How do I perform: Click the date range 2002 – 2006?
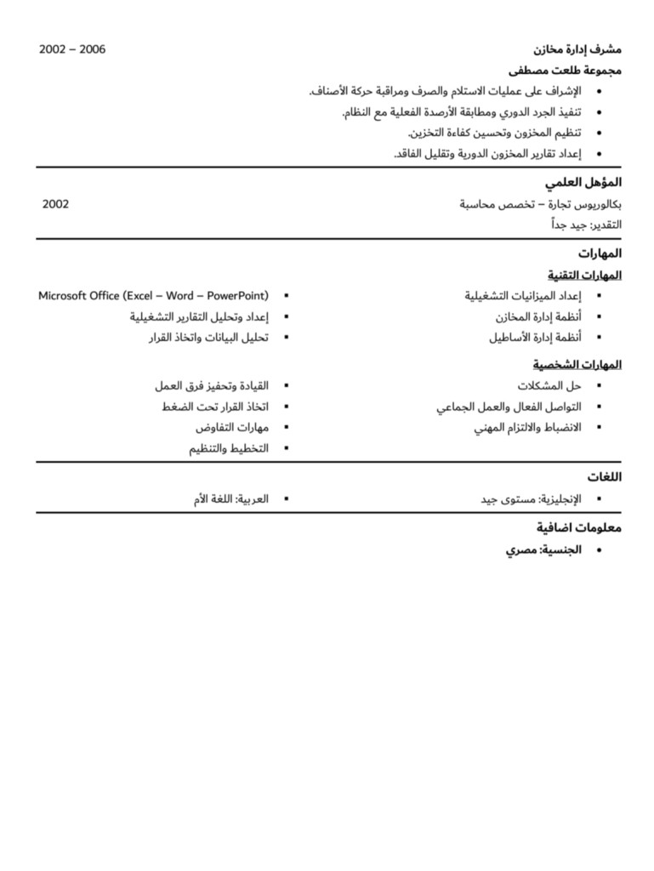(72, 49)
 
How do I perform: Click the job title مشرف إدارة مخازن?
(577, 49)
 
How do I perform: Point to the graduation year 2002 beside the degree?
(55, 204)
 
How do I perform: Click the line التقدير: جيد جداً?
(586, 225)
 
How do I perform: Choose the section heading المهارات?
(600, 253)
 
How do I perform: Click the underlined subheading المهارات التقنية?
(584, 275)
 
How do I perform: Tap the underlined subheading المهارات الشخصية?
(577, 365)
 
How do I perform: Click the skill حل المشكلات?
(554, 386)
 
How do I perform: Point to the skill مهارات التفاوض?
(231, 427)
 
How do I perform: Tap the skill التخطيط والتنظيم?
(228, 448)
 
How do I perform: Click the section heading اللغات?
(604, 477)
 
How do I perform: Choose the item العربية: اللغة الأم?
(230, 499)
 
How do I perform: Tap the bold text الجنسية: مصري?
(543, 550)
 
